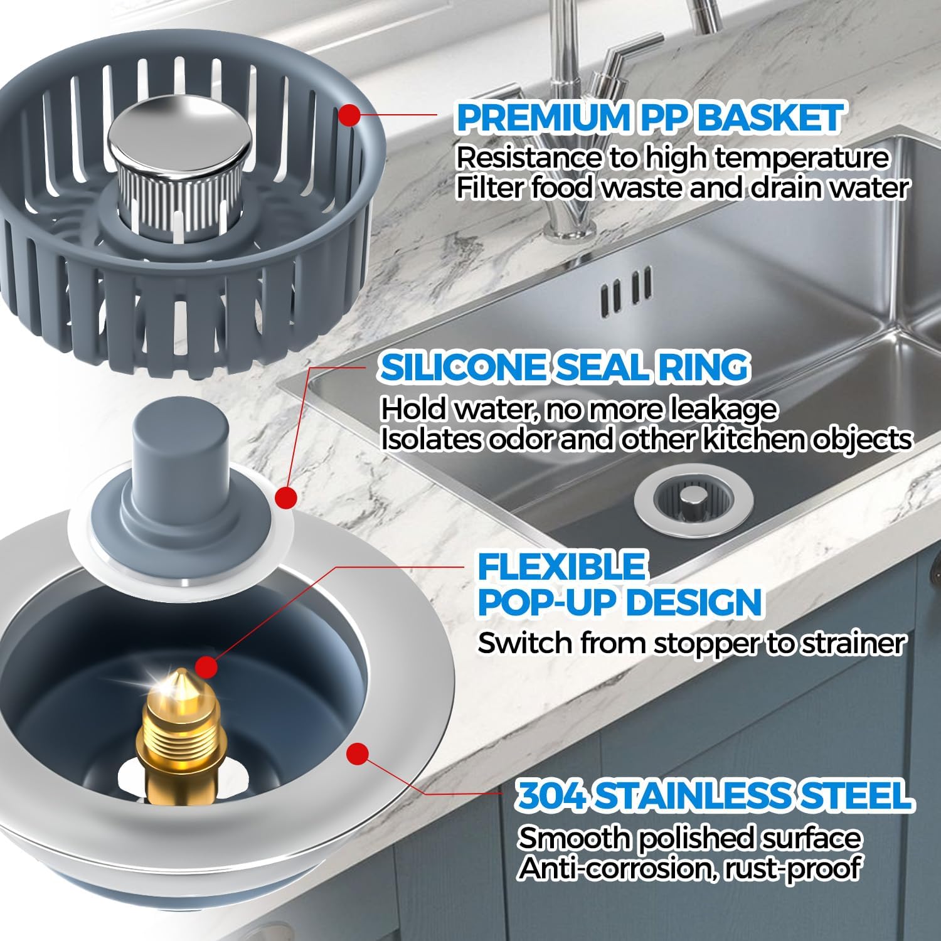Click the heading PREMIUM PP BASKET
click(649, 118)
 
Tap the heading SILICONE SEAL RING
click(565, 367)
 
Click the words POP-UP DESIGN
click(620, 602)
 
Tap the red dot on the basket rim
click(349, 115)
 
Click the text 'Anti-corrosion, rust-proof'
click(688, 868)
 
